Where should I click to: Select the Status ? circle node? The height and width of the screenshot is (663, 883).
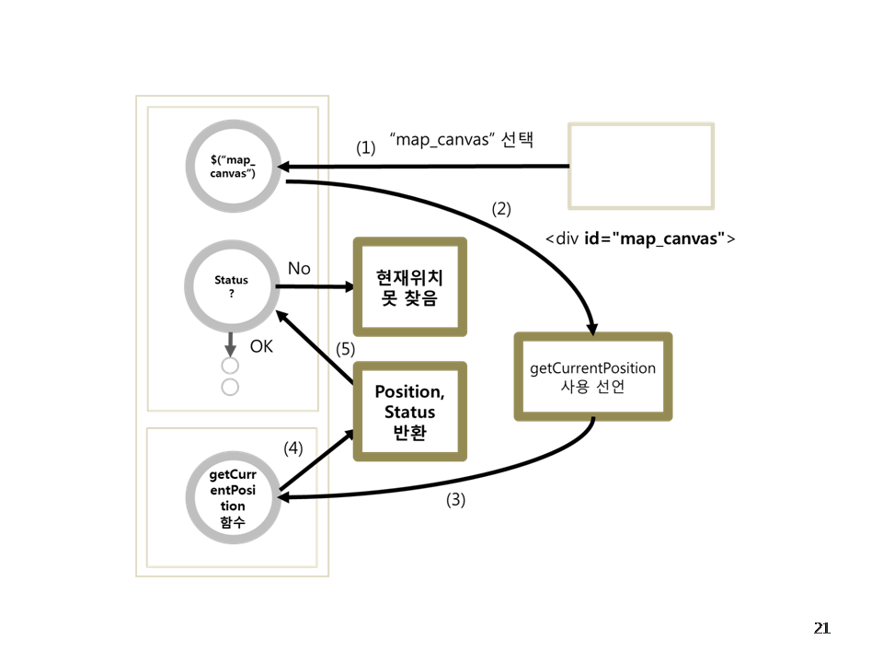[231, 286]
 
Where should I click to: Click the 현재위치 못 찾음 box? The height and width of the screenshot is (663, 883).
[409, 286]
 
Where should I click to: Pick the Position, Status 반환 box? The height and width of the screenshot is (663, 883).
[409, 411]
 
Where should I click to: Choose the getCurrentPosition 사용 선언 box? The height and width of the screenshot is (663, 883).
[592, 377]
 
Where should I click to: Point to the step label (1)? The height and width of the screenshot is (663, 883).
[366, 147]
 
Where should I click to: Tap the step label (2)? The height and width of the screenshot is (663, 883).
[501, 208]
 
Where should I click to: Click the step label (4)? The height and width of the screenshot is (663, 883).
[292, 448]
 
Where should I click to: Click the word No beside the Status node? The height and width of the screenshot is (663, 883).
[299, 268]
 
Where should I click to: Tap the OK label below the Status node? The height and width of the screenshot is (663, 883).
[262, 347]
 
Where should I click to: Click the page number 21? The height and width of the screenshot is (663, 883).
[821, 629]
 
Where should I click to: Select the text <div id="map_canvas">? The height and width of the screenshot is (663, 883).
[640, 238]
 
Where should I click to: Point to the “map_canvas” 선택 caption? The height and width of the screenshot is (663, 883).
[463, 140]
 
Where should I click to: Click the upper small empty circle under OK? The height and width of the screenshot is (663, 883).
[230, 366]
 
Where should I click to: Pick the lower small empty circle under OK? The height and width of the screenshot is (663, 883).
[230, 387]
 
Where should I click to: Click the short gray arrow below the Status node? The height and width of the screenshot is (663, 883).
[230, 343]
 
